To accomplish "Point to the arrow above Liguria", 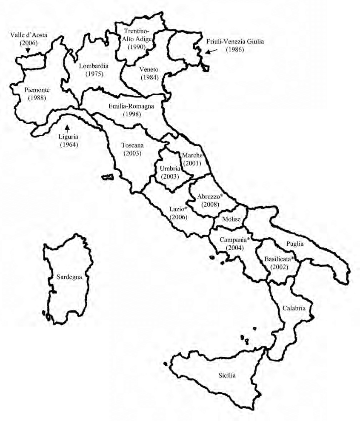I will [67, 126].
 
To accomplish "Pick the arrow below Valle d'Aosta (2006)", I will [28, 50].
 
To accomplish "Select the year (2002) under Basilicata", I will [279, 267].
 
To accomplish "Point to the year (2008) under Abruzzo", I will [210, 205].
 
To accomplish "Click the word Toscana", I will [131, 145].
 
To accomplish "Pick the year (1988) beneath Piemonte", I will [37, 98].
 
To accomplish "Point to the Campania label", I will [234, 239].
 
